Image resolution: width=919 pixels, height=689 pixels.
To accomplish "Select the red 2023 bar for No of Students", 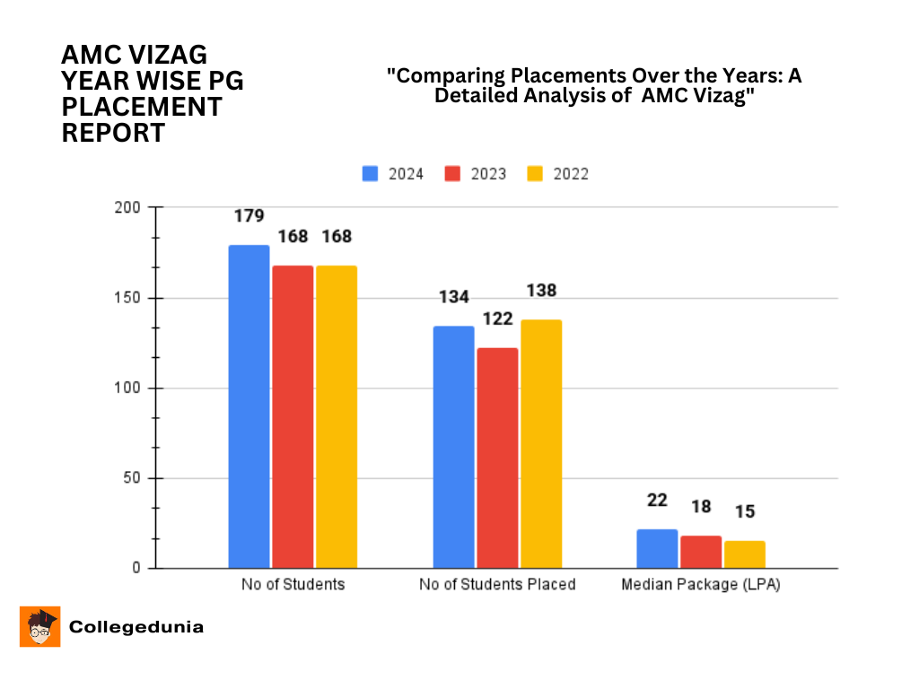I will click(293, 416).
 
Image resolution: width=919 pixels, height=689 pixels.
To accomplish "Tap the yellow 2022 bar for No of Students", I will click(337, 416).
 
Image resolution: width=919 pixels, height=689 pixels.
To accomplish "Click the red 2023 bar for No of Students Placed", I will click(497, 458).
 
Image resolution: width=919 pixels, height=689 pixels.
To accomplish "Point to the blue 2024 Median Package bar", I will click(657, 548).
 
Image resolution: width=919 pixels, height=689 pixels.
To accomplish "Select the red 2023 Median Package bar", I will click(701, 552).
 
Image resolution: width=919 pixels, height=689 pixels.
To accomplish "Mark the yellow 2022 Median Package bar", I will click(745, 554).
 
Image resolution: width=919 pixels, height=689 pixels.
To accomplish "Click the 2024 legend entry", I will click(393, 174).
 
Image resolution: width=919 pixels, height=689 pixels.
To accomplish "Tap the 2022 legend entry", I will click(558, 174).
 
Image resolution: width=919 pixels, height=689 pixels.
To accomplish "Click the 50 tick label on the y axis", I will click(133, 478).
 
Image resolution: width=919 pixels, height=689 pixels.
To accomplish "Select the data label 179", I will click(249, 216).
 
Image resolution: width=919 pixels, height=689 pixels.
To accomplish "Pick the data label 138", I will click(541, 291).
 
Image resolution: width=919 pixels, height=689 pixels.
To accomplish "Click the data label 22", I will click(657, 500).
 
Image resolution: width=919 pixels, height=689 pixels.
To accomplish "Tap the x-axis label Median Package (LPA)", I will click(701, 584).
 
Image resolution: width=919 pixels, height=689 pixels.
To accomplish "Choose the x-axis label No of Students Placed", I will click(497, 584).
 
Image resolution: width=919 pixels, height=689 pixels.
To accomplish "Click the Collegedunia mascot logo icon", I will click(39, 626).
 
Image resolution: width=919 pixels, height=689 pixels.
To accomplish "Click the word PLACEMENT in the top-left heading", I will click(142, 107).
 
